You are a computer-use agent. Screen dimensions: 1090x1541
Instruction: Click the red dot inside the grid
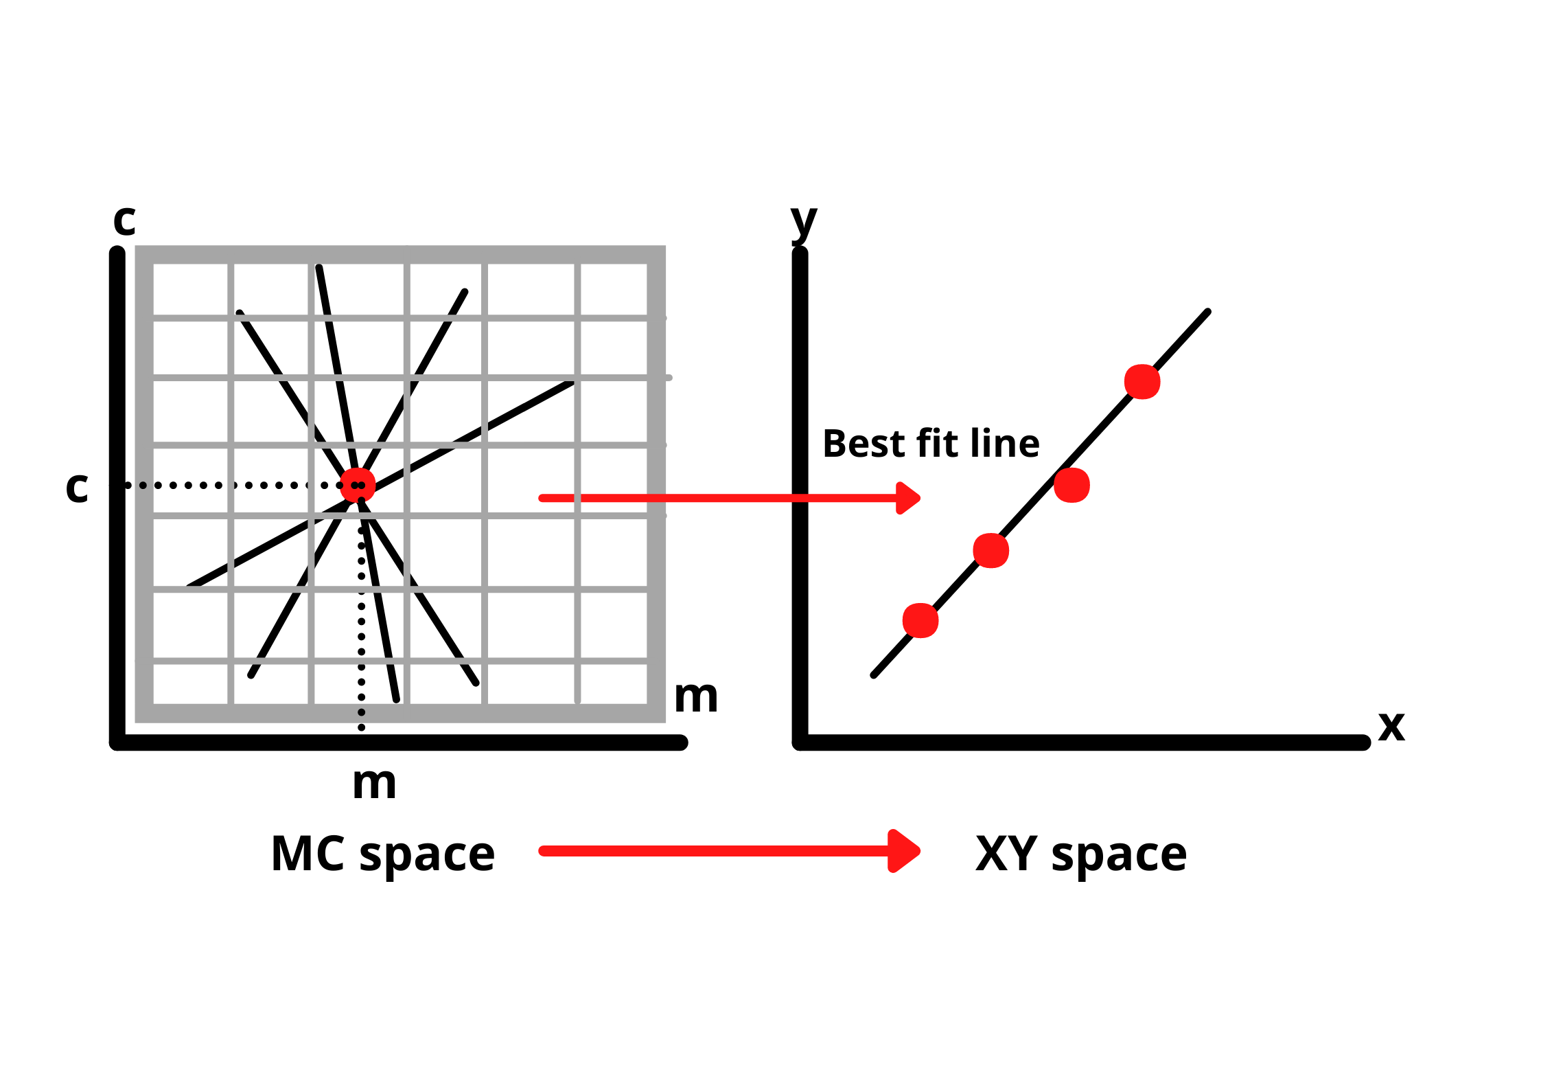point(358,485)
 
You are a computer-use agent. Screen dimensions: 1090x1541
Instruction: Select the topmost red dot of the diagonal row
point(1142,382)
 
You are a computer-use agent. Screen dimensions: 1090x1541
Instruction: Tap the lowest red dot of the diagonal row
point(920,621)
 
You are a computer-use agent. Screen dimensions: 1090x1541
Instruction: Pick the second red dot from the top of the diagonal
point(1071,486)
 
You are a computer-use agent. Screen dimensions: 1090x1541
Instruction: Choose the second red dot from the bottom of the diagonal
point(990,551)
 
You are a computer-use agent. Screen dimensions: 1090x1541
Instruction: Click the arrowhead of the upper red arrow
point(909,498)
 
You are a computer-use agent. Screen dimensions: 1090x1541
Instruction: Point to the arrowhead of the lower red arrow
point(905,851)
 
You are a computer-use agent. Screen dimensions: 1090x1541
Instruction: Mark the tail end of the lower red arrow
point(542,852)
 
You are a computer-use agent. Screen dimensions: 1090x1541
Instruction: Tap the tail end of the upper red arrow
point(542,498)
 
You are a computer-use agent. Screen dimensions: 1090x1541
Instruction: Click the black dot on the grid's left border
point(143,486)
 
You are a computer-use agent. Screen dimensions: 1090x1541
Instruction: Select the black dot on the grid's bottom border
point(361,712)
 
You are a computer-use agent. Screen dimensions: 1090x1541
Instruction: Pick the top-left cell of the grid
point(190,289)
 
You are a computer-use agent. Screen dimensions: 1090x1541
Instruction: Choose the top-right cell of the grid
point(614,289)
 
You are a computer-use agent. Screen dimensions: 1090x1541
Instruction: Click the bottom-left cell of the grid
point(190,683)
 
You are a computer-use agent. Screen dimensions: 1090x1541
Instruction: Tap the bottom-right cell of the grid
point(614,683)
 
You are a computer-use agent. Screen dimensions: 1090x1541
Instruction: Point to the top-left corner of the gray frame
point(136,247)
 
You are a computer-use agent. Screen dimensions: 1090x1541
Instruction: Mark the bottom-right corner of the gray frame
point(665,722)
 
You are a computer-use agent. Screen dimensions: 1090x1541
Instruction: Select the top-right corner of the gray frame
point(665,247)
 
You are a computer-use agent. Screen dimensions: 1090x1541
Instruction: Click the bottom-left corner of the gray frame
point(136,722)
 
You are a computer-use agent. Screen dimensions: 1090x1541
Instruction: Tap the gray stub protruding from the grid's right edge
point(669,378)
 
